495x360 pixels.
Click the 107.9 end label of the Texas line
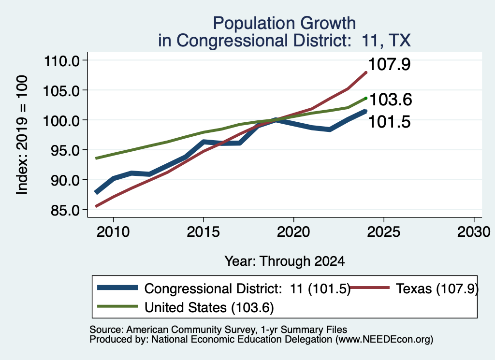pyautogui.click(x=389, y=64)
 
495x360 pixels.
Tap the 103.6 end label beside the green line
pyautogui.click(x=391, y=100)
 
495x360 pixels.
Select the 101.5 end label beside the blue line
pyautogui.click(x=389, y=122)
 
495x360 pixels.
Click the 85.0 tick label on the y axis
pyautogui.click(x=65, y=210)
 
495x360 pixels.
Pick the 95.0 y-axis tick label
pyautogui.click(x=65, y=150)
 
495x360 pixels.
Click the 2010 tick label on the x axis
pyautogui.click(x=113, y=232)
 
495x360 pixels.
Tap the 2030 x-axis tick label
pyautogui.click(x=474, y=232)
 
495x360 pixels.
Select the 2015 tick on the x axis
pyautogui.click(x=204, y=232)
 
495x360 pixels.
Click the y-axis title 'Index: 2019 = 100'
pyautogui.click(x=22, y=135)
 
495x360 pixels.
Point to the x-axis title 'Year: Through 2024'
pyautogui.click(x=284, y=261)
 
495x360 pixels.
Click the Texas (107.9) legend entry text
pyautogui.click(x=437, y=288)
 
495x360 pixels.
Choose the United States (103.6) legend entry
pyautogui.click(x=209, y=307)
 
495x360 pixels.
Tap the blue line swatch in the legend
pyautogui.click(x=117, y=288)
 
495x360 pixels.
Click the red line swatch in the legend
pyautogui.click(x=370, y=288)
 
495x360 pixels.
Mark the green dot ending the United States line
pyautogui.click(x=366, y=98)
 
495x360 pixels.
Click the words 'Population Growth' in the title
pyautogui.click(x=284, y=23)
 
